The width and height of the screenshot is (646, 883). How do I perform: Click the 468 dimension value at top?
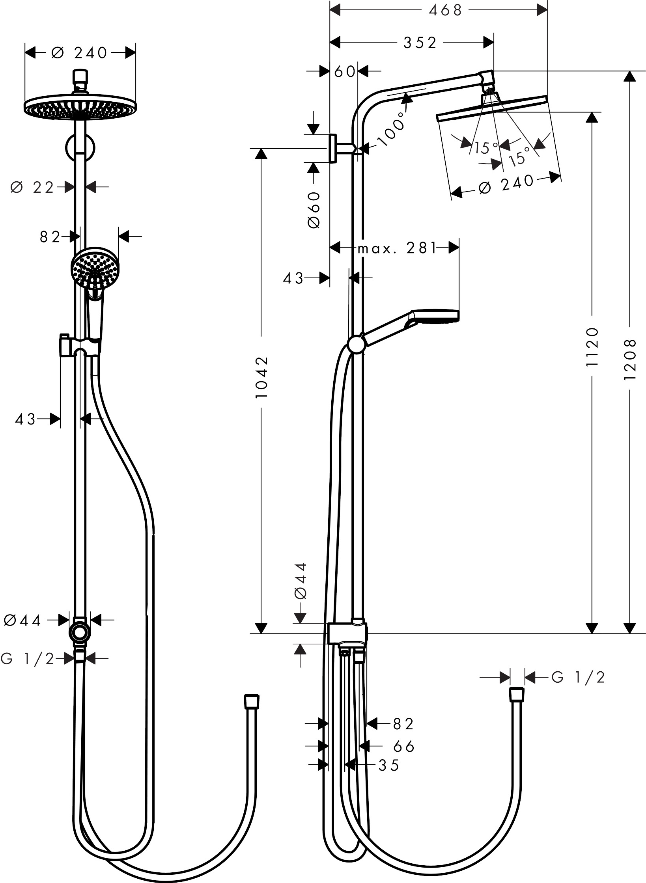(445, 11)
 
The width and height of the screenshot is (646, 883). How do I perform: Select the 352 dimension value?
(420, 43)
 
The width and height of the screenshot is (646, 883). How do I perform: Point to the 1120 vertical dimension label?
(592, 347)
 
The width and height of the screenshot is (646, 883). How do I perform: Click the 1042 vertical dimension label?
(261, 377)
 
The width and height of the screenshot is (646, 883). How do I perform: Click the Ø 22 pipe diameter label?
(32, 188)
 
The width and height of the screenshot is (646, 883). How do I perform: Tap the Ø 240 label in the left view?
(80, 53)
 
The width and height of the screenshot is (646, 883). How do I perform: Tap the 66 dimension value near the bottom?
(404, 746)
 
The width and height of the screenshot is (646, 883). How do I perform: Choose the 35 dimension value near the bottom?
(389, 765)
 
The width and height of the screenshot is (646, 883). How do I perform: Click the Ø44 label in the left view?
(22, 620)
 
